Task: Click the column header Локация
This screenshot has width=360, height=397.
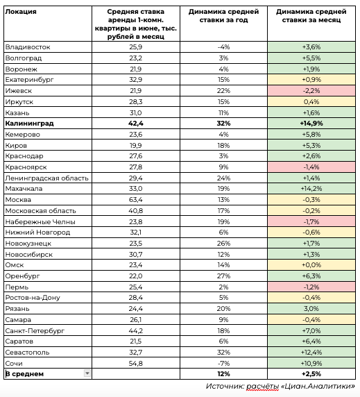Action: (x=21, y=12)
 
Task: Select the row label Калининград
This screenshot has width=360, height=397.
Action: (x=29, y=124)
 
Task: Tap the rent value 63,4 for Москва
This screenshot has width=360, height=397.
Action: (x=135, y=200)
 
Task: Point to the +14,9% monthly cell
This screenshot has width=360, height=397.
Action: (x=311, y=124)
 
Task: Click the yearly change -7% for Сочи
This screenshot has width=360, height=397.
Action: (x=223, y=363)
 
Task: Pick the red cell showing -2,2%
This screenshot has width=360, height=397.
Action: (x=311, y=91)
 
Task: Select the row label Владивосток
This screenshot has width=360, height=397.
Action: (x=28, y=47)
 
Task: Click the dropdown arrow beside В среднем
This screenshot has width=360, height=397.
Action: (x=87, y=373)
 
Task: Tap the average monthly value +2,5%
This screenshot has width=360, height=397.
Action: (x=311, y=373)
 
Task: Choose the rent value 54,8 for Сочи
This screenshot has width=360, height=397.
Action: (x=135, y=363)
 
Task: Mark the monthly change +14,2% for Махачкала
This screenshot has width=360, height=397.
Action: (x=311, y=189)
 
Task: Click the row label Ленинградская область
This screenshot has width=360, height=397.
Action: (x=46, y=178)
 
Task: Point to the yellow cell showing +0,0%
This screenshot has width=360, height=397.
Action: (x=311, y=265)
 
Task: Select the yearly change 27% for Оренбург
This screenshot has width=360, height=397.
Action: (x=223, y=276)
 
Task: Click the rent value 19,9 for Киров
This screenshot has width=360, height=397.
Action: (x=135, y=145)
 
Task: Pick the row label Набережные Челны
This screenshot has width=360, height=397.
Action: (x=40, y=222)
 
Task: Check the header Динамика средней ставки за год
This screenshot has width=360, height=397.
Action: (x=223, y=16)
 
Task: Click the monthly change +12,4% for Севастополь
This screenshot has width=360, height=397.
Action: (x=311, y=352)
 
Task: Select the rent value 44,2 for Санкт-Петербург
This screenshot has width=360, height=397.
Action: (x=135, y=330)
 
